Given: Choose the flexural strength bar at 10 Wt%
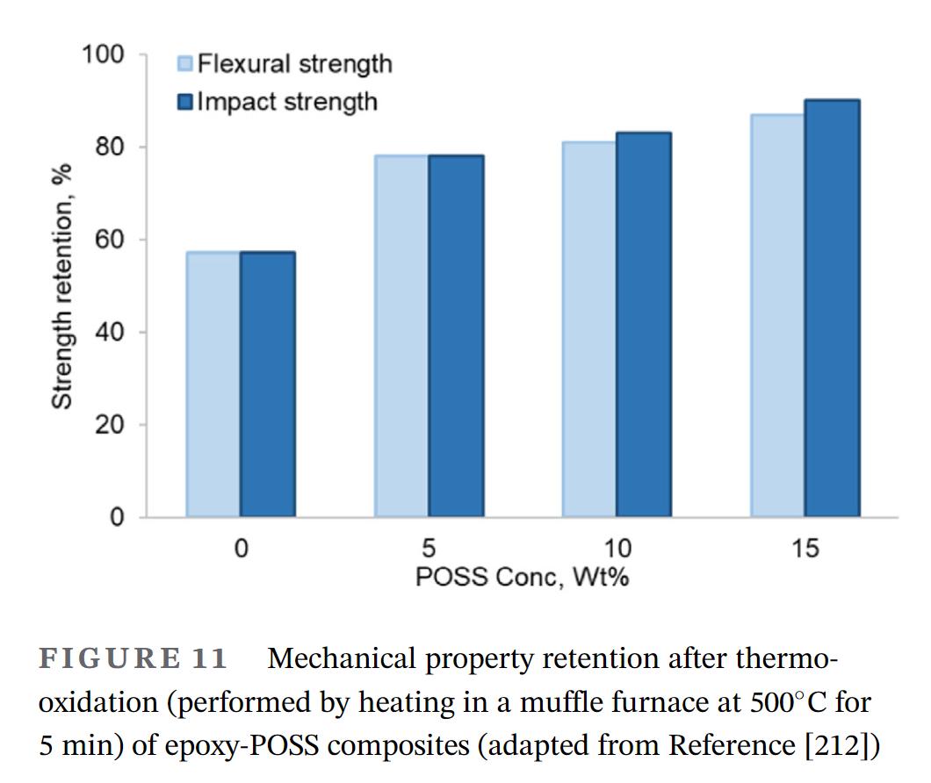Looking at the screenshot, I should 589,329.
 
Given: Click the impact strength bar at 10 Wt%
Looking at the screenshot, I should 644,325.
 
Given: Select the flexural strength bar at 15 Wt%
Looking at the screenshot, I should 778,315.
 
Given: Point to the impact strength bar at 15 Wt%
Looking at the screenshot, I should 833,308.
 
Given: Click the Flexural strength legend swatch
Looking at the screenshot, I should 185,64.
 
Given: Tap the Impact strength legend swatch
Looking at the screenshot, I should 185,102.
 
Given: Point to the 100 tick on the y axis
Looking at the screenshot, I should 103,55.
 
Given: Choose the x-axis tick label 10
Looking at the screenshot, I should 617,549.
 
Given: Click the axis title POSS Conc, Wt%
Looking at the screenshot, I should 522,577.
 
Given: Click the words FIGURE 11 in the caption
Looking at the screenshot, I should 134,658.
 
